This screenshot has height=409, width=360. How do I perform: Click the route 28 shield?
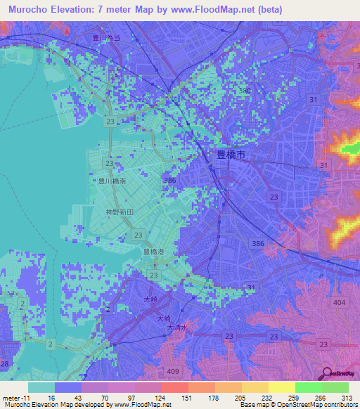(4, 363)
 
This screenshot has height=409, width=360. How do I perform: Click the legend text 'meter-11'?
(15, 398)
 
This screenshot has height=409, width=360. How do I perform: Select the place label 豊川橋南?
(112, 181)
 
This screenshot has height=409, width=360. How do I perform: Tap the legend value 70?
(108, 398)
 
